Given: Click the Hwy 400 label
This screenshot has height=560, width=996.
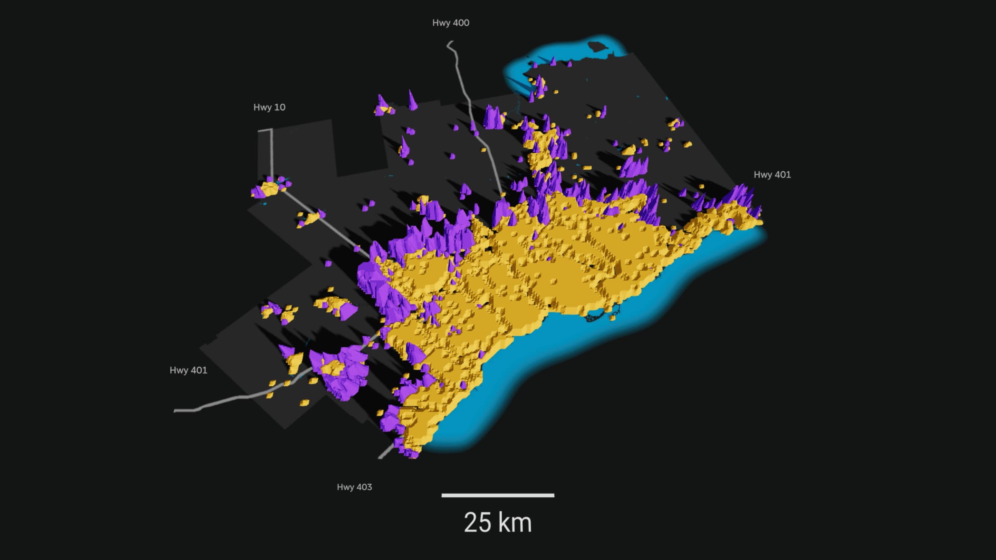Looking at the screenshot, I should tap(450, 23).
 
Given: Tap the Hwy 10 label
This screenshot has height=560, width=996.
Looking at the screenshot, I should tap(269, 107).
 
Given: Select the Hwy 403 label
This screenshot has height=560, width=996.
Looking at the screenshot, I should tap(354, 487).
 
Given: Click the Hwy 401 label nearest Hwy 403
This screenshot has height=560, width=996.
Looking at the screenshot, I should tap(188, 371).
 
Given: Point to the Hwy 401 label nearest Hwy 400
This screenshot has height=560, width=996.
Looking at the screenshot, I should tap(772, 175).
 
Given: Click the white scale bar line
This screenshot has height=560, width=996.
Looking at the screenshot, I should tap(498, 496).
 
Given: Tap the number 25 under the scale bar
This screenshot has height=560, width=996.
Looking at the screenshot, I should tap(477, 523).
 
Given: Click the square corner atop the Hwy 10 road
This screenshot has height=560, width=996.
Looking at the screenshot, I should tap(271, 130).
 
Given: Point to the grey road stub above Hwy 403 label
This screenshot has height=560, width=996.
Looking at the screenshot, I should tap(385, 452).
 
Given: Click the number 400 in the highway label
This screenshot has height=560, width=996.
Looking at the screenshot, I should tap(461, 23).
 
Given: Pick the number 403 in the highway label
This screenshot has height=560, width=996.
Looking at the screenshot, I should tap(364, 487).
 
